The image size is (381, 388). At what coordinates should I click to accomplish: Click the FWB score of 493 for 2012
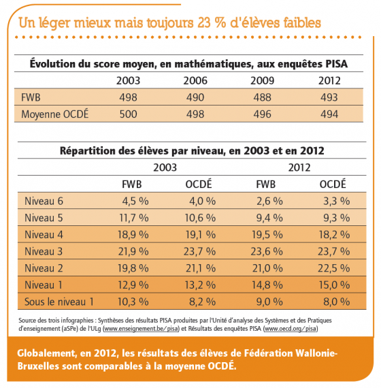(329, 97)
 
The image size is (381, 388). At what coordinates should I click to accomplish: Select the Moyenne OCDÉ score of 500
(128, 114)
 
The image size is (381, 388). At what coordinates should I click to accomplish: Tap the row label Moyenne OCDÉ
(54, 114)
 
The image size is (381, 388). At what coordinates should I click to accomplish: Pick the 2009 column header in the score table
(262, 81)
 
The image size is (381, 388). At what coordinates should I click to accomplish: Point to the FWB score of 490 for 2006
(195, 97)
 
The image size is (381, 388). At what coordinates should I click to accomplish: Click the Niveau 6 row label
(44, 201)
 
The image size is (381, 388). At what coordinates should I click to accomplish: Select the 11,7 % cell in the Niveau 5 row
(134, 218)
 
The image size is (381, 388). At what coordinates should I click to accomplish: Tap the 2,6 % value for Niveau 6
(269, 201)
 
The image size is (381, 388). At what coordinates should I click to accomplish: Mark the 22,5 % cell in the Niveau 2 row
(334, 268)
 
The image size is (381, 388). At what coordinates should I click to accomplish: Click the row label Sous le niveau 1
(59, 302)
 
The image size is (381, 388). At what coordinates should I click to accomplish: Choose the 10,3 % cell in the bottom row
(133, 302)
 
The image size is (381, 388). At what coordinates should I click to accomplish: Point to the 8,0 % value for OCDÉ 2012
(337, 302)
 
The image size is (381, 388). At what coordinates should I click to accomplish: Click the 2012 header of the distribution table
(299, 167)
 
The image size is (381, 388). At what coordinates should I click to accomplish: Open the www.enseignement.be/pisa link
(142, 329)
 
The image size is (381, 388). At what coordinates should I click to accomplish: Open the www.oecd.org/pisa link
(291, 329)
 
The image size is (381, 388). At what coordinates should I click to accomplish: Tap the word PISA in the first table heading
(337, 64)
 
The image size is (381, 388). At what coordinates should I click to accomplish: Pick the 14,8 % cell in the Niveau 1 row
(267, 285)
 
